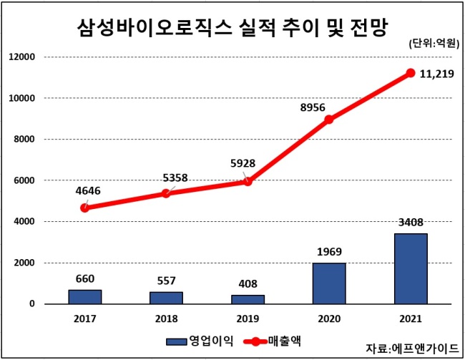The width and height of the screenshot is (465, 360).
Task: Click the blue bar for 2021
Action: tap(411, 268)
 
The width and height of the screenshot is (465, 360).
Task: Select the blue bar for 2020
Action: tap(329, 283)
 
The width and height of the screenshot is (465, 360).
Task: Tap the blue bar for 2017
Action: tap(85, 297)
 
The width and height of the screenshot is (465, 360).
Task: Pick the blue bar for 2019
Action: tap(248, 299)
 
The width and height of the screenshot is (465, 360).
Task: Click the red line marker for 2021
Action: tap(411, 73)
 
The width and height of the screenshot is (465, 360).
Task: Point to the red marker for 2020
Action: tap(329, 120)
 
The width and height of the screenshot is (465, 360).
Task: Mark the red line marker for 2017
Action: tap(85, 208)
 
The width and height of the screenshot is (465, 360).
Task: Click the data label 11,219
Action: tap(437, 74)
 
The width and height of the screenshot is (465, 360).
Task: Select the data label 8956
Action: tap(313, 107)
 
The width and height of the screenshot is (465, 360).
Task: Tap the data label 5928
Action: tap(243, 163)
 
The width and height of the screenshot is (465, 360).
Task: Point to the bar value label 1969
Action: tap(329, 252)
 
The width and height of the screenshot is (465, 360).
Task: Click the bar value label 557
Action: tap(167, 281)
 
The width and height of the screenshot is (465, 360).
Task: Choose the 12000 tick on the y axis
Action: tap(22, 57)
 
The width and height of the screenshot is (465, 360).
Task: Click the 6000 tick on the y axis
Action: tap(24, 180)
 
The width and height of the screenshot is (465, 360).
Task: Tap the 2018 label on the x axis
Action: tap(167, 318)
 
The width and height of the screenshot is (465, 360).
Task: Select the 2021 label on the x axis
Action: tap(411, 318)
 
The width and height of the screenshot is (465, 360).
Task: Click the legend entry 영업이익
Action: tap(200, 341)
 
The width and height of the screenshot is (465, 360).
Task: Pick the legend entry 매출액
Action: tap(273, 341)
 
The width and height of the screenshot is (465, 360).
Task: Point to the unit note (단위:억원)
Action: tap(434, 44)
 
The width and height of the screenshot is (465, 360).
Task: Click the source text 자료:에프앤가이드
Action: tap(412, 349)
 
